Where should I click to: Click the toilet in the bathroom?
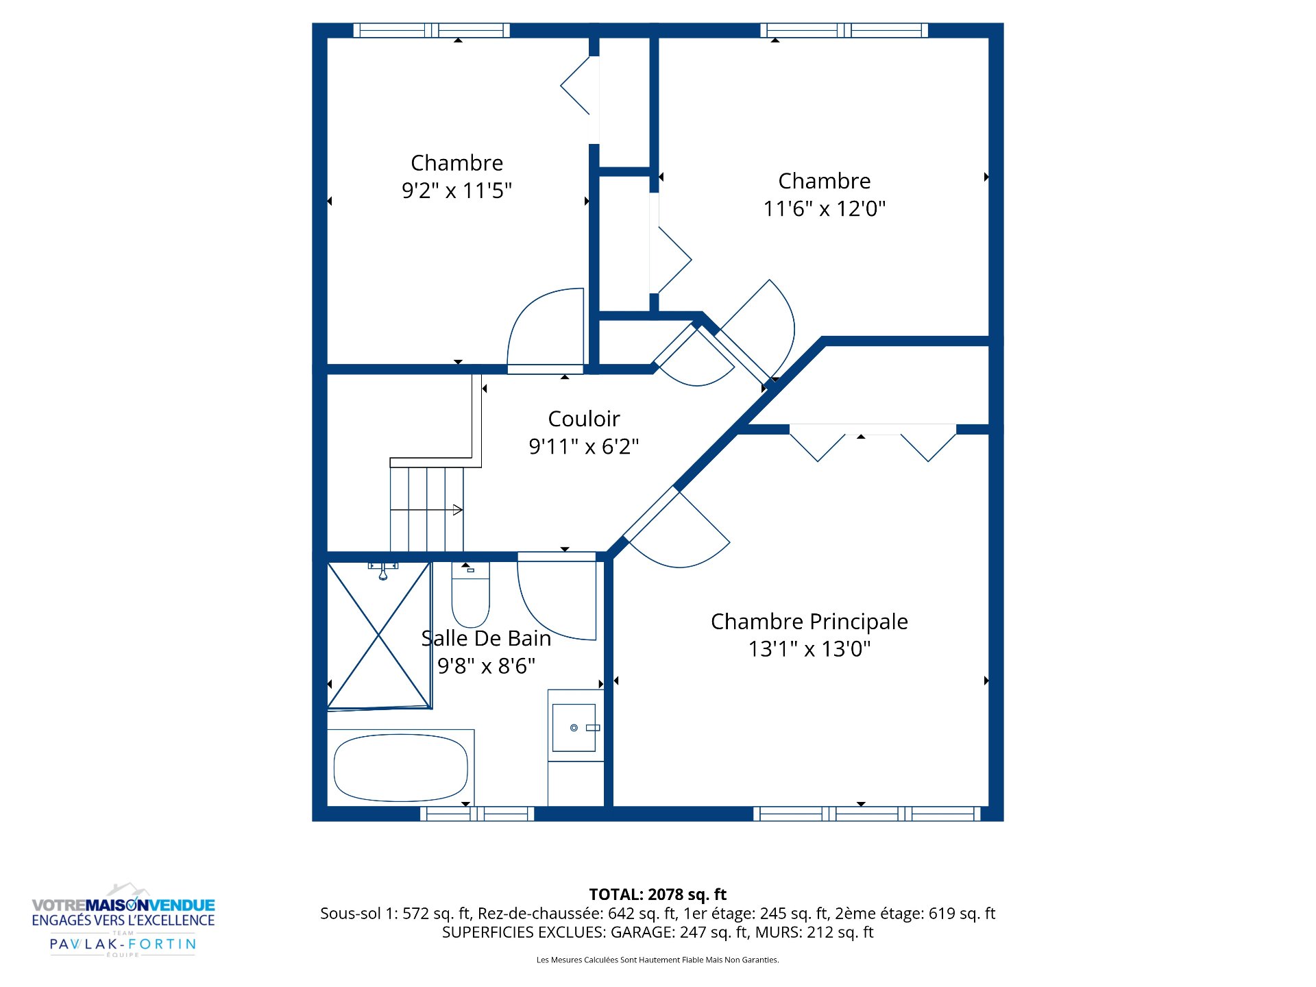click(470, 594)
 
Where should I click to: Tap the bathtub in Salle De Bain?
click(401, 768)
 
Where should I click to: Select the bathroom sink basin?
click(574, 727)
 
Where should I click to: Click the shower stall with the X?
click(379, 635)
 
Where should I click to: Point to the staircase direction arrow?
click(426, 510)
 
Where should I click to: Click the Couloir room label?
click(584, 419)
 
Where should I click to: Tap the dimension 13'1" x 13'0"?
click(809, 648)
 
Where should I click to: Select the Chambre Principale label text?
click(809, 622)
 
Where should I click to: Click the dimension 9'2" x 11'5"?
click(457, 190)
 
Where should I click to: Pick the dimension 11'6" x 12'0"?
click(825, 208)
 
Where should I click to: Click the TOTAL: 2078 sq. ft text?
click(658, 894)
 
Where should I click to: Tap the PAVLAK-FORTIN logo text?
click(123, 944)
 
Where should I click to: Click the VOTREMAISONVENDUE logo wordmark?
click(123, 905)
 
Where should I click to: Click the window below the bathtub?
click(477, 814)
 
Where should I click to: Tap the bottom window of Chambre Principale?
click(867, 814)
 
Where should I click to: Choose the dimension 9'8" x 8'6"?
click(487, 666)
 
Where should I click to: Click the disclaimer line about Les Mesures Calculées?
click(658, 960)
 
